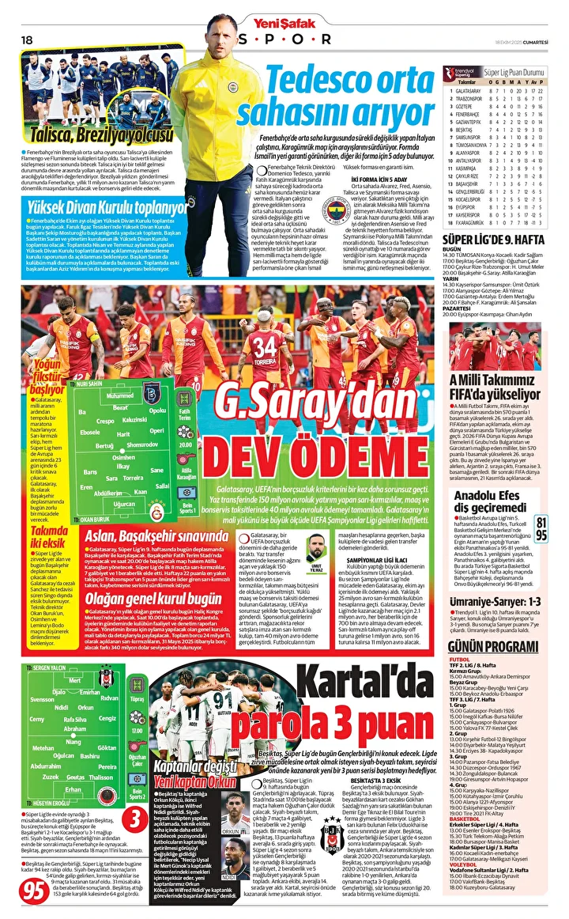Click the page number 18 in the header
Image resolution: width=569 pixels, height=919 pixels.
[x=28, y=40]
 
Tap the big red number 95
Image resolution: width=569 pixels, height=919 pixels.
[x=34, y=890]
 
